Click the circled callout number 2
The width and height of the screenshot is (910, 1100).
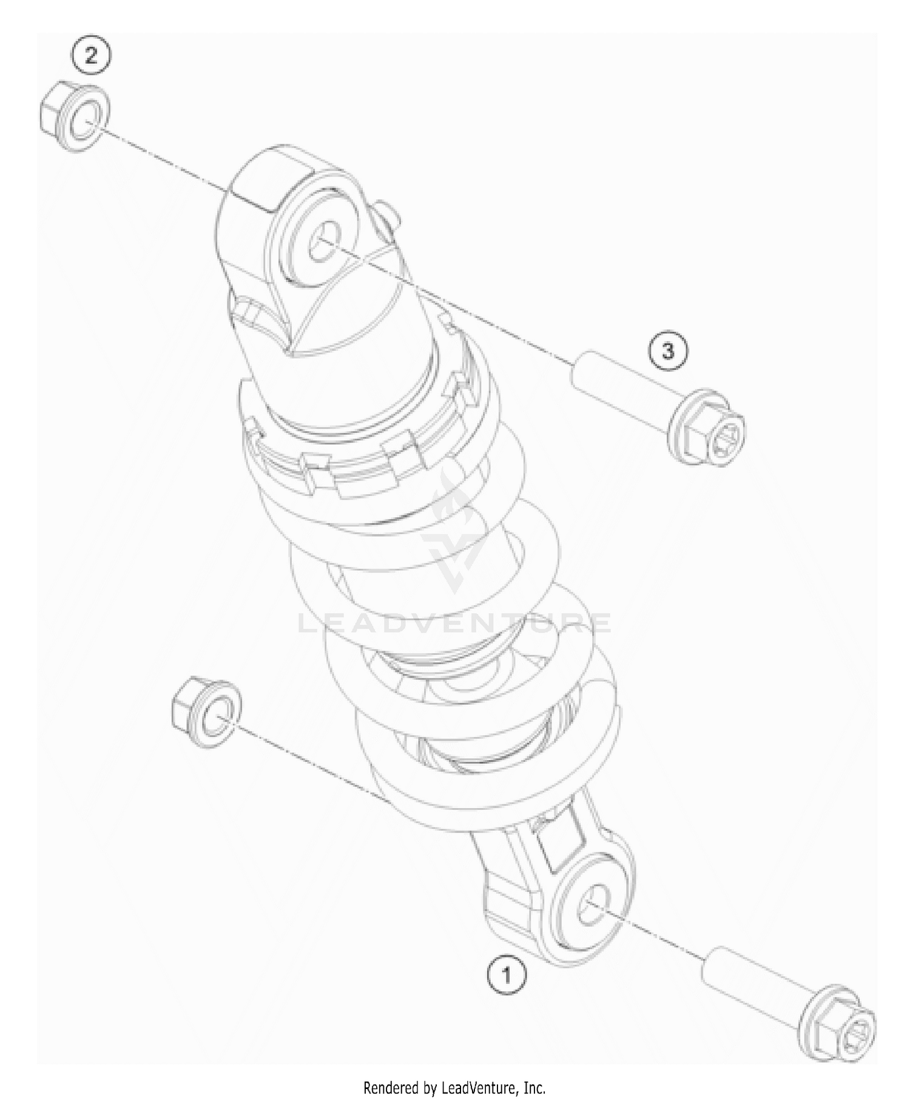(90, 56)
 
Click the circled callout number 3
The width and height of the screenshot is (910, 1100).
(668, 351)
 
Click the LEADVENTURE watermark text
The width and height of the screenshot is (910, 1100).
(455, 623)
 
